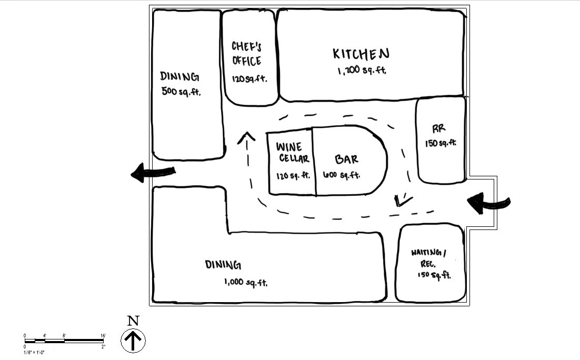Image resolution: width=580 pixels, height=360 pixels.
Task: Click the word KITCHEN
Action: tap(361, 54)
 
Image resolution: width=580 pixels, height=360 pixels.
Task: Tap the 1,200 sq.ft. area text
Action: tap(362, 70)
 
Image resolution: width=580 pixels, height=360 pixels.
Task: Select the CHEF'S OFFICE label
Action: tap(246, 54)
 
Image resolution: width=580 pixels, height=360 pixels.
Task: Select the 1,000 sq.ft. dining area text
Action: tap(246, 283)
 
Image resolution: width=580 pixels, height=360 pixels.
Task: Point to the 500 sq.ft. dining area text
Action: tap(182, 91)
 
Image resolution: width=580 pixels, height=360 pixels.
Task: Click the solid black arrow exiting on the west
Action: tap(152, 173)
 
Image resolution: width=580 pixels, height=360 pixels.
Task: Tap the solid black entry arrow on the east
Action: tap(487, 203)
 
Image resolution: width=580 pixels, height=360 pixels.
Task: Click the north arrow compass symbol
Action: tap(133, 341)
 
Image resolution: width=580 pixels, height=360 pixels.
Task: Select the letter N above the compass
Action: tap(133, 321)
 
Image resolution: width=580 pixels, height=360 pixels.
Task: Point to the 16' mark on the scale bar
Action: tap(103, 335)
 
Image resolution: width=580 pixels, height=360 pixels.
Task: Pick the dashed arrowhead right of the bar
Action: tap(403, 201)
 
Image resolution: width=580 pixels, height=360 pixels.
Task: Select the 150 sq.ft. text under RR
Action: tap(441, 143)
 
